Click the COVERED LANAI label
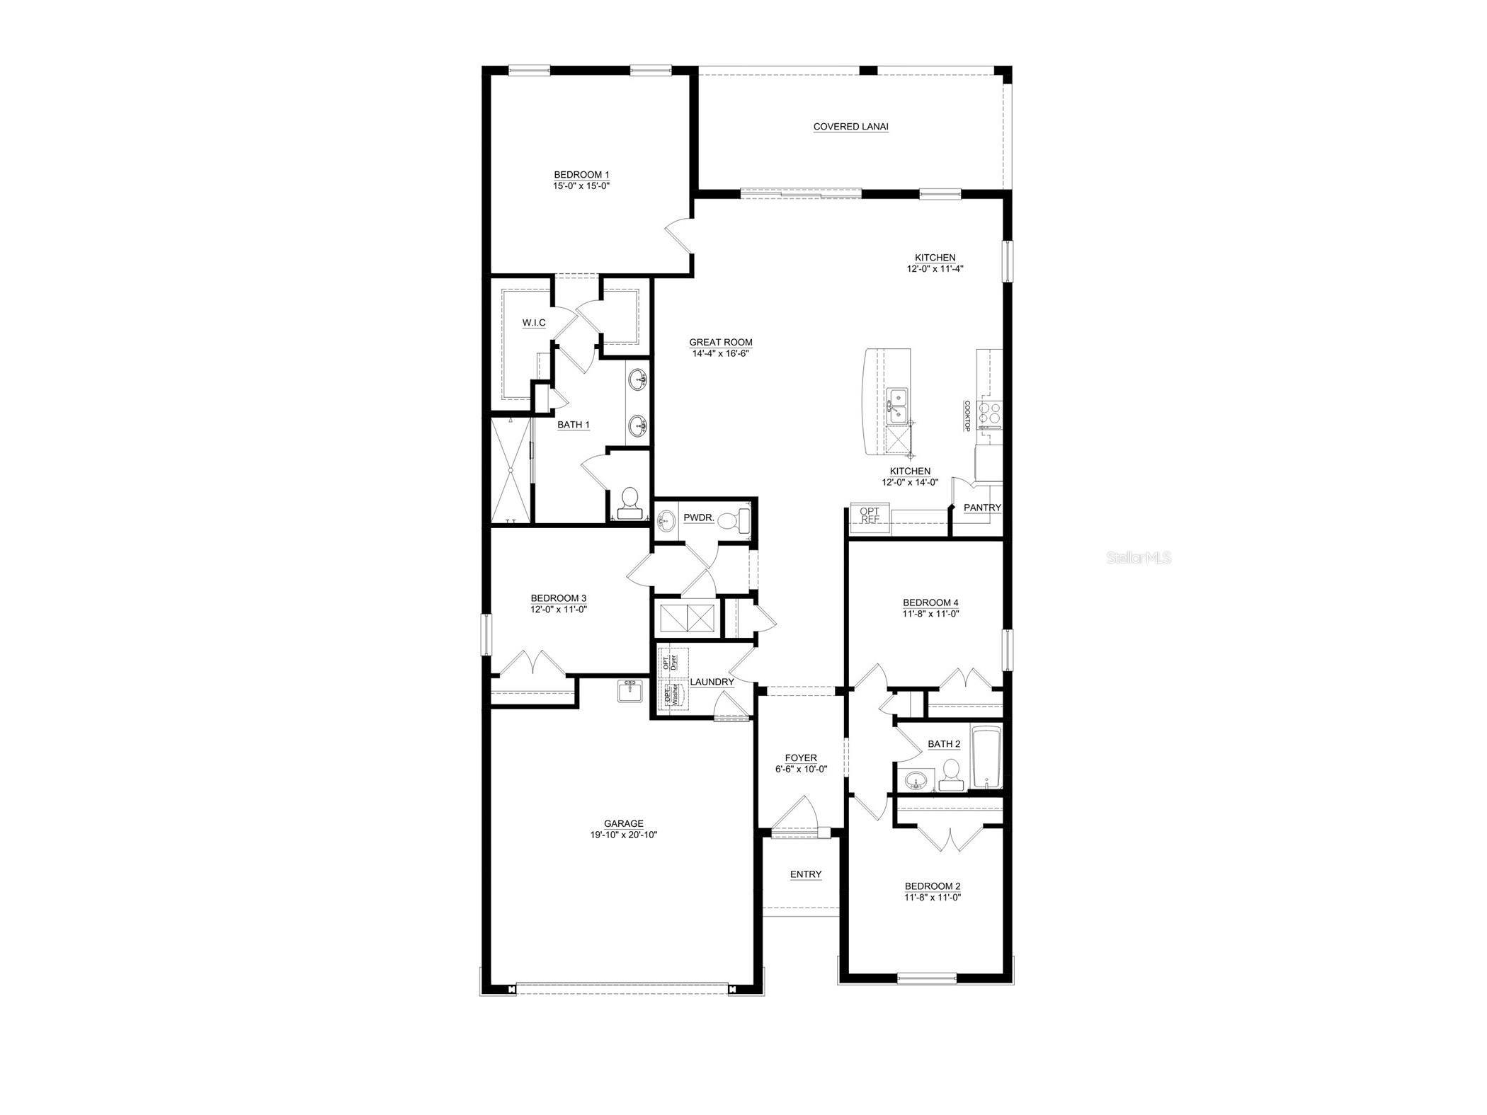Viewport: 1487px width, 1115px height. click(x=850, y=127)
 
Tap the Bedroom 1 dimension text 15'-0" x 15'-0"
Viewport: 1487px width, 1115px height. click(x=581, y=186)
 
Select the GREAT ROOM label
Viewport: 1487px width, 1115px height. click(x=721, y=343)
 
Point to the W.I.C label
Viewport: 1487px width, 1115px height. click(x=534, y=323)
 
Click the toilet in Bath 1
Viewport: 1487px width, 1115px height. click(x=629, y=503)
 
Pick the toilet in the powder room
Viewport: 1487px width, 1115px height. click(x=734, y=522)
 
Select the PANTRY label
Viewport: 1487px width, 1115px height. click(x=982, y=508)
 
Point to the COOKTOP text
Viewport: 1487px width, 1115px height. click(x=967, y=416)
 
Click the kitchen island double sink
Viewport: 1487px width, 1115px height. click(x=899, y=404)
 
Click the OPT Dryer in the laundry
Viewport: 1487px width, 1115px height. click(x=670, y=663)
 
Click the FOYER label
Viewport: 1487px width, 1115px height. click(x=801, y=758)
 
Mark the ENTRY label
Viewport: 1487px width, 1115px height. click(x=806, y=874)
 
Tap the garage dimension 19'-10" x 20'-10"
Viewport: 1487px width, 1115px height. click(x=624, y=835)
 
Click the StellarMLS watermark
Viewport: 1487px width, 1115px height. click(x=1139, y=558)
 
